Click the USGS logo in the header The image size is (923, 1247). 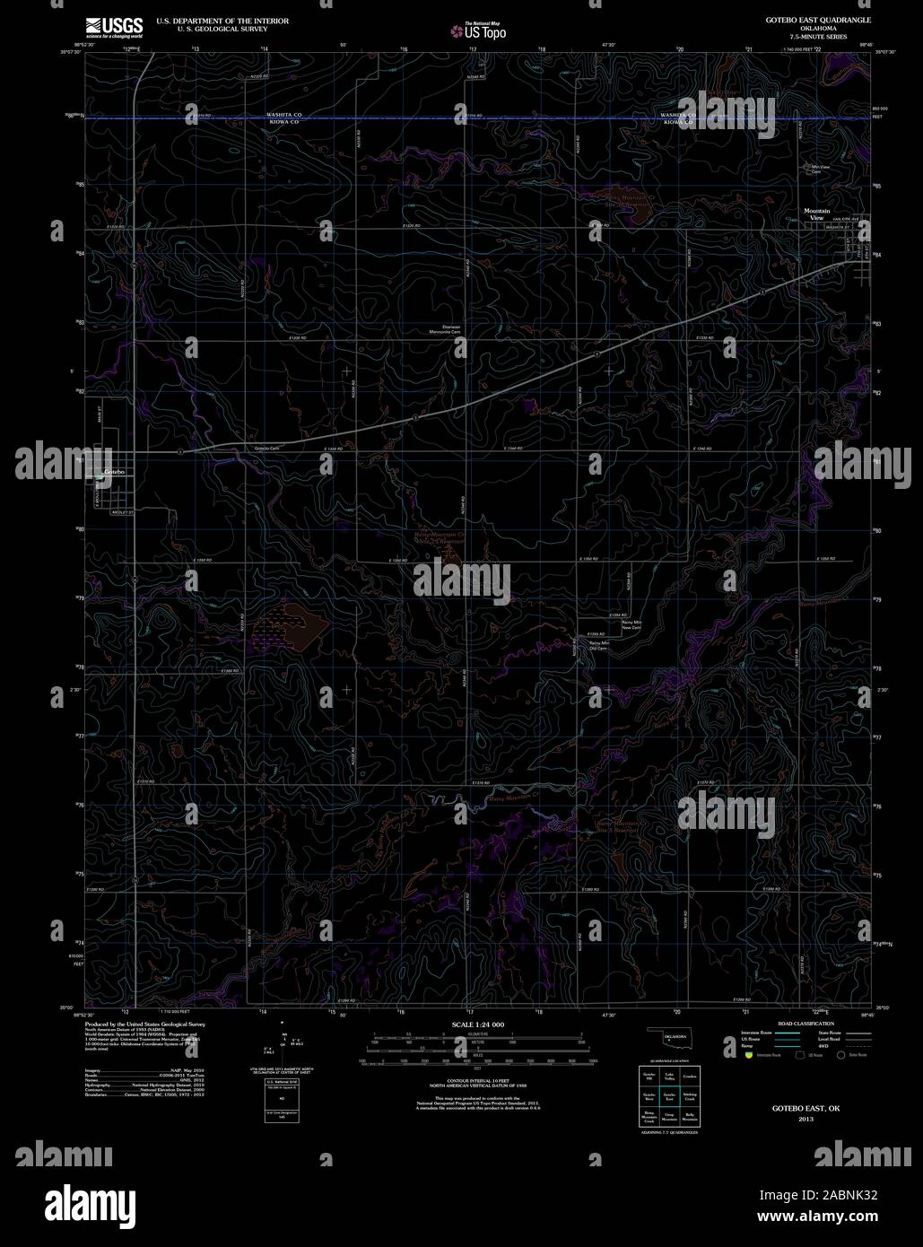(113, 26)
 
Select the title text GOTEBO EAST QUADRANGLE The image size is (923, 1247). (816, 19)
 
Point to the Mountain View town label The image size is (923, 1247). (815, 214)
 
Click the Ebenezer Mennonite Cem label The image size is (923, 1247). (445, 329)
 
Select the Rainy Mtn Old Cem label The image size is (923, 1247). (598, 645)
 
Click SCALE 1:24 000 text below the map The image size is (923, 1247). (479, 1025)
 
